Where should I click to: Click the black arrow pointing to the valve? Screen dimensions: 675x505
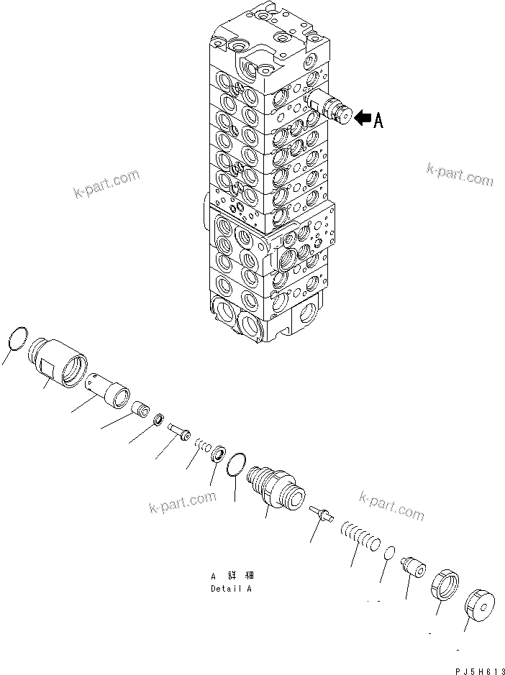tap(363, 117)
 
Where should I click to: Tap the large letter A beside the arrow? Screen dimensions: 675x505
tap(378, 120)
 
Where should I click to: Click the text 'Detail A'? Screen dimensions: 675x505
tap(232, 588)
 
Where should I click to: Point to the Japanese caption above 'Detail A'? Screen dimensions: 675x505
tap(232, 576)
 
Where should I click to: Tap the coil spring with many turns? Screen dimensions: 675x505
tap(360, 536)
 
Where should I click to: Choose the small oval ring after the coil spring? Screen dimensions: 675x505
tap(388, 552)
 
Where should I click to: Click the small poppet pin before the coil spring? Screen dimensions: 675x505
tap(321, 513)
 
